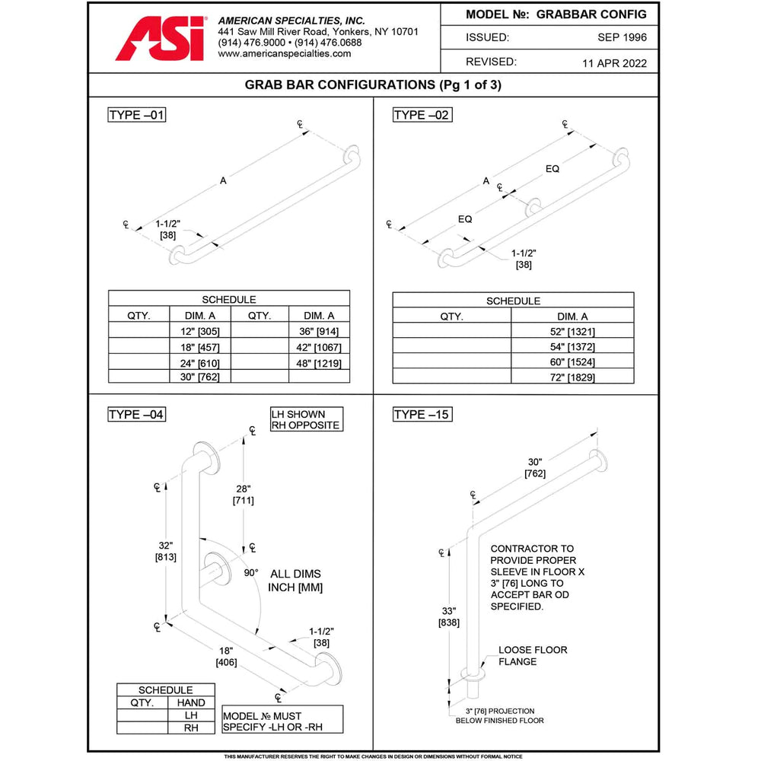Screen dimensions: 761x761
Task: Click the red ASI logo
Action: [x=160, y=39]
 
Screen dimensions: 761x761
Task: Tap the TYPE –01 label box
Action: [x=137, y=115]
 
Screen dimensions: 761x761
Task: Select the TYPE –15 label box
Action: [x=422, y=415]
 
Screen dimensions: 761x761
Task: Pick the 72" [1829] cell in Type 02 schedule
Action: [x=572, y=377]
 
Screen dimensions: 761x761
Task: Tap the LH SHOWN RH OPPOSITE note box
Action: [x=306, y=419]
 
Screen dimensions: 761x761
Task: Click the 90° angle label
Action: [x=251, y=572]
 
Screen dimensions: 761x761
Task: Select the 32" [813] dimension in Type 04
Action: [x=167, y=551]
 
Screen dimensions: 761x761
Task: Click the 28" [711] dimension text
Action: [x=244, y=494]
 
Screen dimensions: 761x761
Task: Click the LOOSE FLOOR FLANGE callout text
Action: [x=533, y=656]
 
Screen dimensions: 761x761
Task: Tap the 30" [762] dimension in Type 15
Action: [x=535, y=467]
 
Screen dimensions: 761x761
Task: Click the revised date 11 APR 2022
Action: [x=613, y=63]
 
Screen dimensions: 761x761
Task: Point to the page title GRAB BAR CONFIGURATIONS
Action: [x=373, y=85]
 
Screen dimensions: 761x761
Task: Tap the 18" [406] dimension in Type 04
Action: [x=226, y=656]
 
